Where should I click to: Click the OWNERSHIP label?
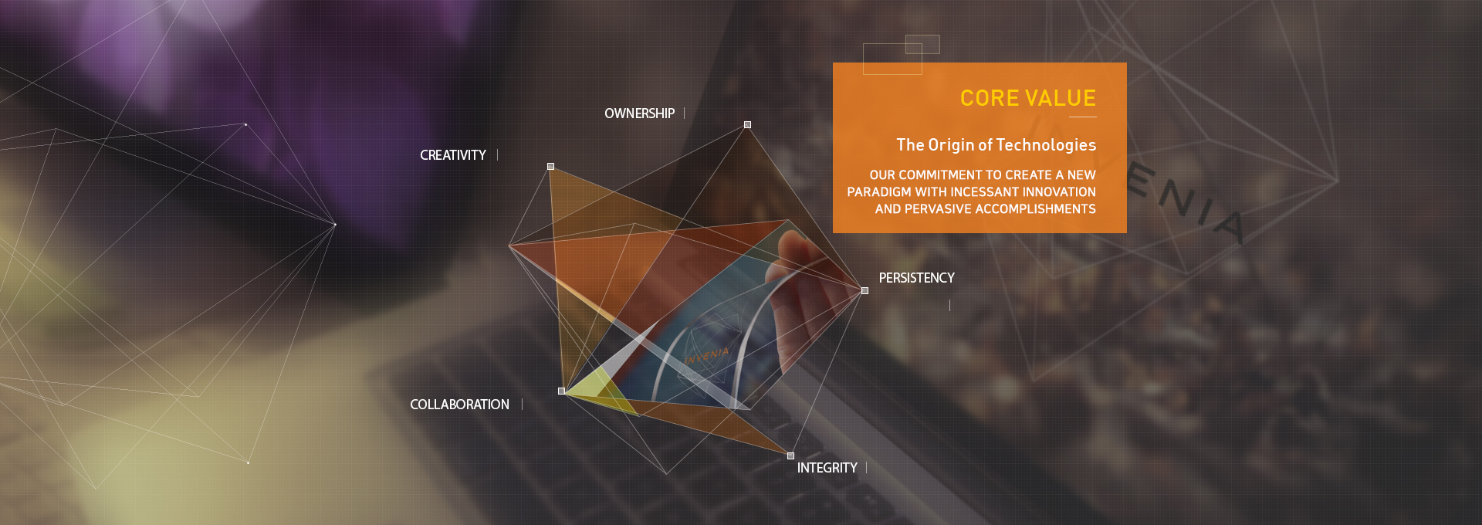coord(639,113)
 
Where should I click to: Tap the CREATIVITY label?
coord(453,155)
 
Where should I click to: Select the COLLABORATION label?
coord(459,405)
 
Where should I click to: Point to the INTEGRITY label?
coord(827,468)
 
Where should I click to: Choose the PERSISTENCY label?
coord(916,278)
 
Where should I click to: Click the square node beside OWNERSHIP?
coord(747,124)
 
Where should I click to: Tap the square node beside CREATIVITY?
coord(550,166)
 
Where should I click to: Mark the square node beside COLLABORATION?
coord(561,391)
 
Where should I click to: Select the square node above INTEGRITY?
coord(790,456)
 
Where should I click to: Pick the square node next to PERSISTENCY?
coord(864,290)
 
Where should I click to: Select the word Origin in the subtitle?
coord(951,145)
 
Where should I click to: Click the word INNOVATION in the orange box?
coord(1059,192)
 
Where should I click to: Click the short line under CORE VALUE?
coord(1083,117)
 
